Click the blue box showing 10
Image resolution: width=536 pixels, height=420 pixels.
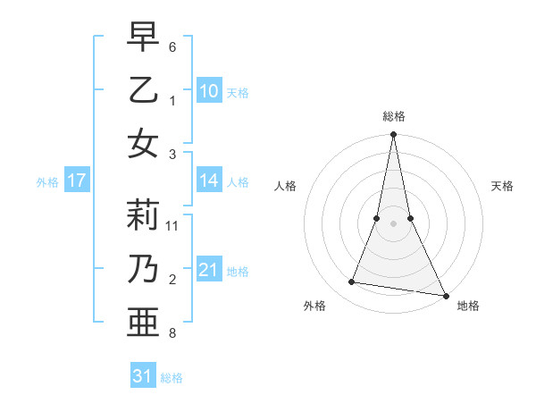[x=209, y=91]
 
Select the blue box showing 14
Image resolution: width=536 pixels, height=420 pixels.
[x=209, y=181]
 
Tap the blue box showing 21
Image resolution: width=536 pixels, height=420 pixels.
[x=209, y=270]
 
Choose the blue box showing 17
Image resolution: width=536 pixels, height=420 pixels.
[x=76, y=181]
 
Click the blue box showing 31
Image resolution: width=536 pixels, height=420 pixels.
[x=143, y=376]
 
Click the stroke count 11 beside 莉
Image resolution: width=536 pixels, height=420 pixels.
[x=173, y=226]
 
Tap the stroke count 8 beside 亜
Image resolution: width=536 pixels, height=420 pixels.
[x=172, y=333]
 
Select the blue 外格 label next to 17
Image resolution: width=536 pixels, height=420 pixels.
[x=47, y=182]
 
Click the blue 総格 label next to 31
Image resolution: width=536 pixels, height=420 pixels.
[x=172, y=378]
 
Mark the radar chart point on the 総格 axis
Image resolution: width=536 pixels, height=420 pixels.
[x=393, y=135]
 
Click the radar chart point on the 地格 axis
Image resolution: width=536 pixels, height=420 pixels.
[x=445, y=295]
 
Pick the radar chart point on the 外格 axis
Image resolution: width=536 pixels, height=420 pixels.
[x=352, y=282]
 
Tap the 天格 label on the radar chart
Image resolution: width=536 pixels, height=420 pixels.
[x=503, y=186]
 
